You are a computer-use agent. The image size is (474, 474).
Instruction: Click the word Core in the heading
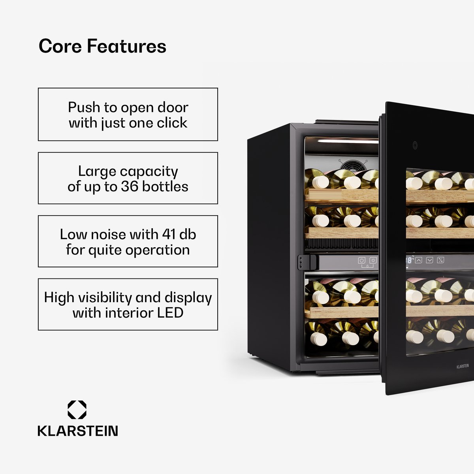[60, 46]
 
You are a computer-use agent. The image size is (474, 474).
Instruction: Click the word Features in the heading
[126, 46]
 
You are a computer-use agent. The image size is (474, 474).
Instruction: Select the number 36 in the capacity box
[130, 187]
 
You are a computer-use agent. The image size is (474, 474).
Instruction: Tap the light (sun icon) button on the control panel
[373, 260]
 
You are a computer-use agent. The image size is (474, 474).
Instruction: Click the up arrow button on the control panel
[419, 260]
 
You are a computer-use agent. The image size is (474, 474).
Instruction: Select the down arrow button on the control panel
[429, 260]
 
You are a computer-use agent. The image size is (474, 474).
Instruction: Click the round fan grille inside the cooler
[353, 166]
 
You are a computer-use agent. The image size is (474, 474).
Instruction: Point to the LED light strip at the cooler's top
[348, 141]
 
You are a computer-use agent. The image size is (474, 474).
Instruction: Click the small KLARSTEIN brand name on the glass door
[463, 367]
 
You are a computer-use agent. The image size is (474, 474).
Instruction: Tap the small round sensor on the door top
[415, 145]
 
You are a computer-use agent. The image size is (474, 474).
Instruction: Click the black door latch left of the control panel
[307, 262]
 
